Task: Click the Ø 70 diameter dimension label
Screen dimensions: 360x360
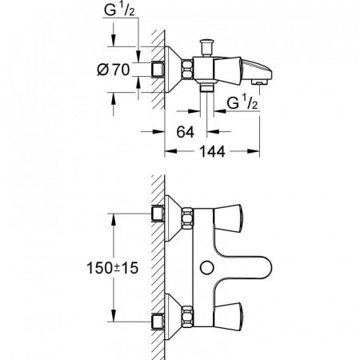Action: tap(114, 70)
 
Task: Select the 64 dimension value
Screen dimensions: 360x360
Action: tap(186, 132)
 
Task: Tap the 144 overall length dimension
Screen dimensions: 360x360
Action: tap(212, 151)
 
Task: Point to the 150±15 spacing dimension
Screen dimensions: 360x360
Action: tap(113, 268)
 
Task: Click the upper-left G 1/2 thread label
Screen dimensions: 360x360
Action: tap(119, 10)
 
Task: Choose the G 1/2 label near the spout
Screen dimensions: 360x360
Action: tap(242, 102)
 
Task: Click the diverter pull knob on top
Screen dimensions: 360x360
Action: tap(206, 47)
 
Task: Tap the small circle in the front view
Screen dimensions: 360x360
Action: tap(207, 267)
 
